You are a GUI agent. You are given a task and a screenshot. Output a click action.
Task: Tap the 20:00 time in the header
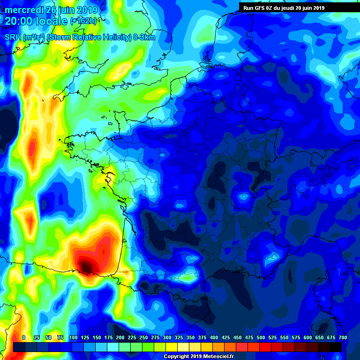click(x=19, y=22)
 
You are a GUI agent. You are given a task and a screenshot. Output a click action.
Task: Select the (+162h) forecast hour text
click(x=83, y=22)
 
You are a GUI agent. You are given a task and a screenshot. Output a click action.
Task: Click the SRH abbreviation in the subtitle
click(x=12, y=37)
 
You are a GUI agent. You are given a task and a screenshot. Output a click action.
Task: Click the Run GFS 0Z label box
click(x=284, y=7)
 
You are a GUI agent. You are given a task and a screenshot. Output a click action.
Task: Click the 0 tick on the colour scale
click(x=23, y=337)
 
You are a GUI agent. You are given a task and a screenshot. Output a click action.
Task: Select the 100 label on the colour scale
click(x=73, y=337)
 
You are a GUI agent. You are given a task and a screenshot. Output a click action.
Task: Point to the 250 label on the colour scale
click(x=143, y=337)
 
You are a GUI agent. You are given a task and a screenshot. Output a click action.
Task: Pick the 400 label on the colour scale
click(x=214, y=337)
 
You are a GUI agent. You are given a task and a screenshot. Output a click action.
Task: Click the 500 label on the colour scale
click(x=261, y=337)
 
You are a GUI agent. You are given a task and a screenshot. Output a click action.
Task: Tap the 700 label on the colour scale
click(x=342, y=337)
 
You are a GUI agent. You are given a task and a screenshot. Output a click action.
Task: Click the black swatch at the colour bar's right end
click(x=336, y=347)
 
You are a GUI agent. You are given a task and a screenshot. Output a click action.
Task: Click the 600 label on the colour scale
click(x=307, y=337)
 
